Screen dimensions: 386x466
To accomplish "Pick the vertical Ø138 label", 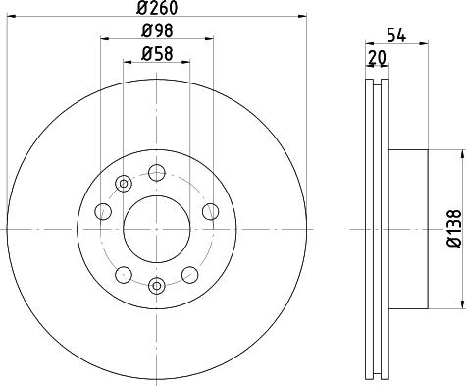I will [x=453, y=227].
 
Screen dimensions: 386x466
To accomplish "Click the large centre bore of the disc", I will [x=155, y=230].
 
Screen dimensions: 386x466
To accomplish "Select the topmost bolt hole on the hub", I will [x=155, y=174].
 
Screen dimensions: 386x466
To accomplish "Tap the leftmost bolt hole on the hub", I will [x=102, y=210].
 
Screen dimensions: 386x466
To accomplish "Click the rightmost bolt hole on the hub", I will [x=209, y=210].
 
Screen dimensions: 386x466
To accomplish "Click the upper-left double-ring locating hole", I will [x=123, y=184].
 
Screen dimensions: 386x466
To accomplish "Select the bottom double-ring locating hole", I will [x=155, y=286].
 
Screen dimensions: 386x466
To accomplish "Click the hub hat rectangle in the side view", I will [x=409, y=228].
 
